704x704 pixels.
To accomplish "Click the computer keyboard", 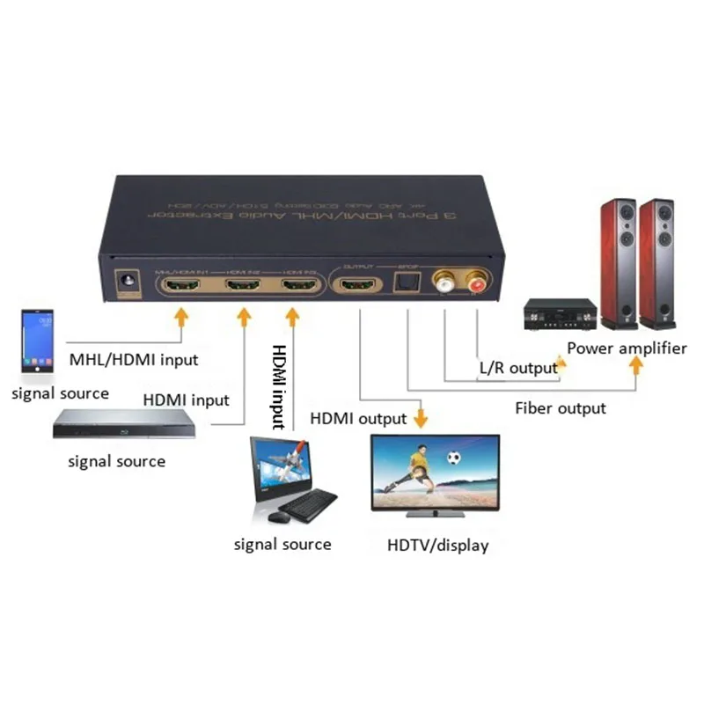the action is (x=309, y=506).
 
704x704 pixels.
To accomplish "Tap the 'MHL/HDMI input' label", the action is (x=133, y=359).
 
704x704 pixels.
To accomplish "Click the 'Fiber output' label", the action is (x=561, y=407).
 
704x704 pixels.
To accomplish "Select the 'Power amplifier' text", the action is (x=627, y=348).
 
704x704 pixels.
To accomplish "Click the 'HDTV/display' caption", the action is (x=437, y=546).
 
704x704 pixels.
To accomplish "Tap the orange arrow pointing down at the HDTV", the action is (x=421, y=417).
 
